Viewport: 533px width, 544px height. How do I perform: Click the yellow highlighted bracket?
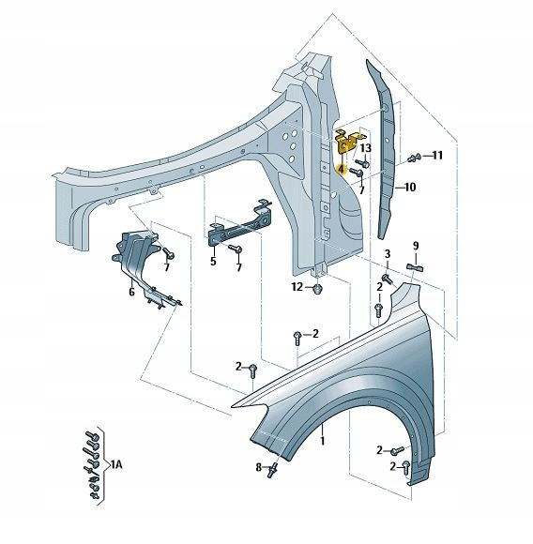click(346, 142)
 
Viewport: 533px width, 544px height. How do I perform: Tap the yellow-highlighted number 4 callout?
click(342, 169)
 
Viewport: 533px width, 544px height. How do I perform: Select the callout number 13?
click(365, 148)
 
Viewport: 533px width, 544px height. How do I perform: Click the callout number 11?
click(437, 155)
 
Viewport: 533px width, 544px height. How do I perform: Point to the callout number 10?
click(410, 188)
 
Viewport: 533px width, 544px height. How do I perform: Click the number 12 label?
click(297, 287)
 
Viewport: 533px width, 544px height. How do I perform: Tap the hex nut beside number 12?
click(317, 289)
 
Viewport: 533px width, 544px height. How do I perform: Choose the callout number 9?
click(416, 246)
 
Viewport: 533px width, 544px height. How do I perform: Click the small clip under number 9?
click(415, 267)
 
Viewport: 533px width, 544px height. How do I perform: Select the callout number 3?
click(388, 254)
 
